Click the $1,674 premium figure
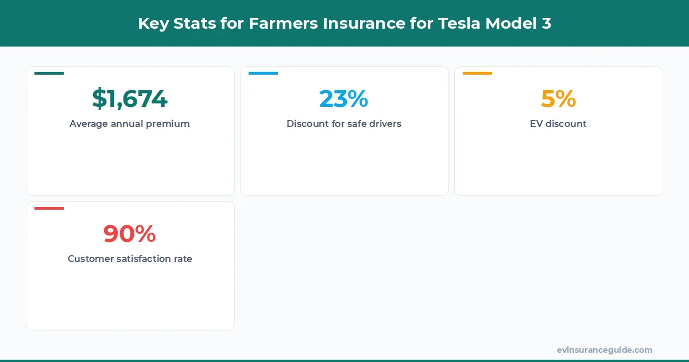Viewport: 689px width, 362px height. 130,99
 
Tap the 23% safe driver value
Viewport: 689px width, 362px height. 343,99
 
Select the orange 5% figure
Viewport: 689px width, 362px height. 558,99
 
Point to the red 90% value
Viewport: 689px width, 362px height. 130,234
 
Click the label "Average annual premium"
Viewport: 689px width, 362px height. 130,124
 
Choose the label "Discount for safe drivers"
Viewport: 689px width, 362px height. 343,124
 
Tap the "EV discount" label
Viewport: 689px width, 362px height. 558,124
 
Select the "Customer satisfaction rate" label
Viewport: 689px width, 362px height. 130,259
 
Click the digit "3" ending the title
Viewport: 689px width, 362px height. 546,24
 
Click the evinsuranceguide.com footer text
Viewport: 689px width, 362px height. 604,350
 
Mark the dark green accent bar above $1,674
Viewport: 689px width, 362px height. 49,73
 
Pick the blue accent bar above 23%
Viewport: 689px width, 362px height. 263,73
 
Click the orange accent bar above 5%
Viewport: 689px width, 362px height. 477,73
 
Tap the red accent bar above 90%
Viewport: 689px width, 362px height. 49,208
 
